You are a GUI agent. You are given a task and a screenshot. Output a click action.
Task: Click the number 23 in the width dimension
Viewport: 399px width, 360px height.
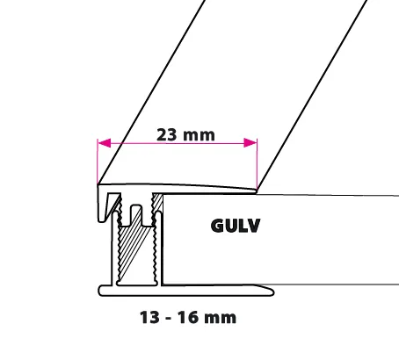coord(167,135)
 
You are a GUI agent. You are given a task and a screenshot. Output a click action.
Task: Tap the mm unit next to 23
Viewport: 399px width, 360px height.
coord(199,136)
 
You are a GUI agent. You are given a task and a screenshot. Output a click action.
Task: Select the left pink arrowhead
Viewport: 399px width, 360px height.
coord(105,143)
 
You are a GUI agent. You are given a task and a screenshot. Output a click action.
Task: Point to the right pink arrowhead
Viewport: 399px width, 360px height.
coord(250,143)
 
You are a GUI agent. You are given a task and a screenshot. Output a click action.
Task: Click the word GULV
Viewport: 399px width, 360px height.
coord(236,226)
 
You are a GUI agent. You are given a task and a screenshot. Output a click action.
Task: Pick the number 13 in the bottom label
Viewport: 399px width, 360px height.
coord(149,318)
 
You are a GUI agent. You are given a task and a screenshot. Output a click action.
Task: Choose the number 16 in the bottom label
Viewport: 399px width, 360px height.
coord(187,318)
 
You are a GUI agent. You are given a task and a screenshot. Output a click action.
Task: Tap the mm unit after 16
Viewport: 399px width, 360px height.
coord(220,319)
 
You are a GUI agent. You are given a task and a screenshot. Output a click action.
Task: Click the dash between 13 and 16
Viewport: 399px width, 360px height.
coord(169,319)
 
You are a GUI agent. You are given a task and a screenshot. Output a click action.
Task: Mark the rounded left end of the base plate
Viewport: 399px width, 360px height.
coord(100,291)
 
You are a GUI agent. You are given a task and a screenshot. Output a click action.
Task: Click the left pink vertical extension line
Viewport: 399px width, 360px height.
coord(98,162)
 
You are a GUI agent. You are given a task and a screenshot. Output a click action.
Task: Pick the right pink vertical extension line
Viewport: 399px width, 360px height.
coord(257,164)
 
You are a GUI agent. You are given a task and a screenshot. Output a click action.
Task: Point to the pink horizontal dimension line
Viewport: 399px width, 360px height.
coord(178,143)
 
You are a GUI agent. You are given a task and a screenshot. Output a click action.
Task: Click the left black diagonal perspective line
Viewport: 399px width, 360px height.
coord(151,92)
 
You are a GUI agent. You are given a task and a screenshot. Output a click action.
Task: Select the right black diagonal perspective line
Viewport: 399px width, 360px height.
coord(312,95)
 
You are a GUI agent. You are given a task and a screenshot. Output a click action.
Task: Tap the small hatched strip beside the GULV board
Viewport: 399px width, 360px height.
coord(157,203)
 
